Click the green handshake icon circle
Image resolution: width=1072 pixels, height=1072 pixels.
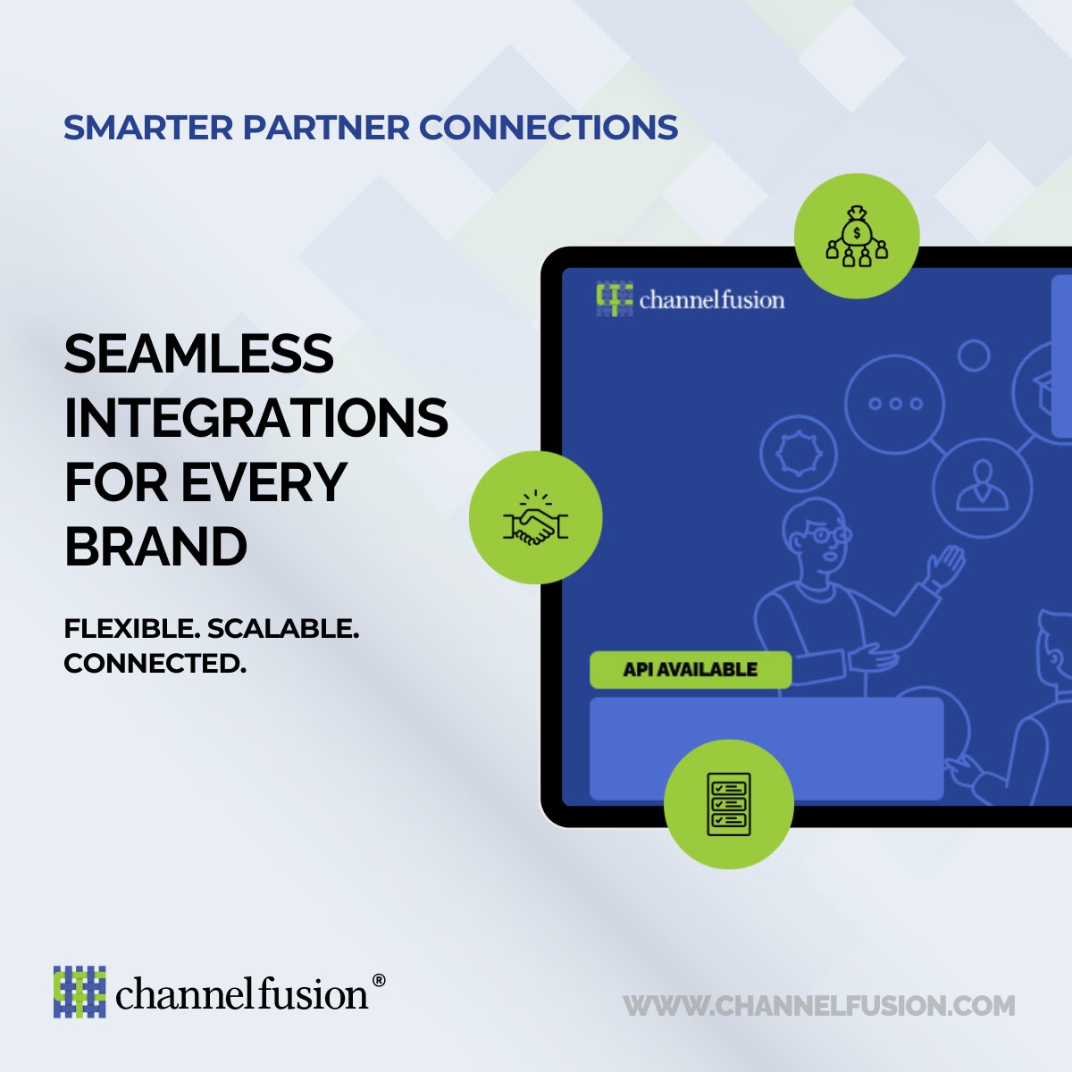coord(535,518)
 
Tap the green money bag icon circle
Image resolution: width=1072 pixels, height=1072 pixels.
coord(857,236)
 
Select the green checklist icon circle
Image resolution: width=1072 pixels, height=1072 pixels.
coord(728,804)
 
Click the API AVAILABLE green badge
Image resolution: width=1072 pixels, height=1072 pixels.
coord(690,669)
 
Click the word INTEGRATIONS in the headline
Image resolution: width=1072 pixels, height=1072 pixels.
coord(255,417)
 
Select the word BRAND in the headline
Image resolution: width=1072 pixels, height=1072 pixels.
coord(155,546)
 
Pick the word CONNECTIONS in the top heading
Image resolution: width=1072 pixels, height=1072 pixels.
coord(549,127)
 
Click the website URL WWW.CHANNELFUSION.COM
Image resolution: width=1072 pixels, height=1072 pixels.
coord(819,1006)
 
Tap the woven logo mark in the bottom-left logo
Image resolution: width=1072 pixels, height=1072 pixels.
coord(80,991)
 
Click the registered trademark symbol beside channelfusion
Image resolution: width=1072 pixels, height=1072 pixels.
coord(378,980)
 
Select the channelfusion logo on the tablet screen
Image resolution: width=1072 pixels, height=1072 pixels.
coord(690,299)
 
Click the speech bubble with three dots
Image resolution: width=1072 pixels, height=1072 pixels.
coord(895,404)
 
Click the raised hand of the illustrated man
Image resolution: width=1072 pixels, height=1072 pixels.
coord(947,565)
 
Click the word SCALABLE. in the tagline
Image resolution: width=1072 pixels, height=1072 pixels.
coord(283,629)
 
